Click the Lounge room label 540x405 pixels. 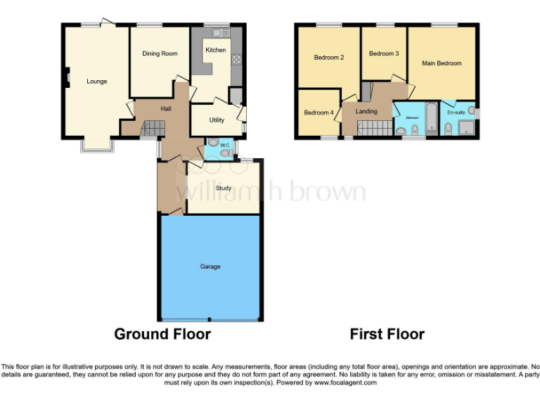point(97,82)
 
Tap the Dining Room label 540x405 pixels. point(160,53)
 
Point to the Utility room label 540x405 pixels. point(217,120)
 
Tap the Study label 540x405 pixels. point(224,188)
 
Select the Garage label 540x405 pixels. point(210,266)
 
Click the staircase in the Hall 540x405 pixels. point(153,128)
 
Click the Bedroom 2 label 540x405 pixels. point(328,58)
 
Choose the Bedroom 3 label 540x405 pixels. point(384,53)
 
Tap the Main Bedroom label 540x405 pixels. point(442,63)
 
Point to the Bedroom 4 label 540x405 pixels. point(319,112)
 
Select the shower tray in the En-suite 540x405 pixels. point(465,127)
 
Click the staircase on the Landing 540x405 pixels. point(374,127)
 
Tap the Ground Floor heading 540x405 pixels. point(162,334)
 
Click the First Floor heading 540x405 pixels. point(387,334)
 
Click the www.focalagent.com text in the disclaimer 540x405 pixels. point(345,383)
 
